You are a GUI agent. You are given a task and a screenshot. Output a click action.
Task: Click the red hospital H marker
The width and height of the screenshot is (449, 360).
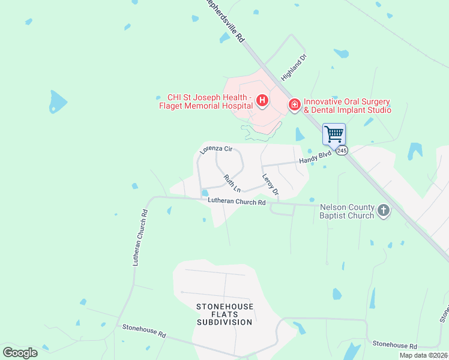262,101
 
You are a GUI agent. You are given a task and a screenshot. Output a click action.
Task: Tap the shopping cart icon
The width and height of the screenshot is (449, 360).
334,133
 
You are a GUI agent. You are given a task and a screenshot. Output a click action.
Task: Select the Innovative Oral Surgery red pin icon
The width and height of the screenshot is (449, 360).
294,105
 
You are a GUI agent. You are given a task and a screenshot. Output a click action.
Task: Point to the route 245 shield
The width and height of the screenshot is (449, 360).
342,151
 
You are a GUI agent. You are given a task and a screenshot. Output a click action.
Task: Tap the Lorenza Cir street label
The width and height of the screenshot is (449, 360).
216,149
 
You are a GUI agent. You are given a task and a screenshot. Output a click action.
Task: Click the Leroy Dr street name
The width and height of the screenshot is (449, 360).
271,184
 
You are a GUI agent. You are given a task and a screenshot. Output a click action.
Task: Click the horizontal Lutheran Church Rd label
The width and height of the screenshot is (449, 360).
237,202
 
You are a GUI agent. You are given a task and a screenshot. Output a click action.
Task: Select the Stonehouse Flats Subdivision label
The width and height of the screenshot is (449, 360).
224,314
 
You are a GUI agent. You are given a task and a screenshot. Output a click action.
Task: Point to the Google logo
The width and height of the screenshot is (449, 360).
20,353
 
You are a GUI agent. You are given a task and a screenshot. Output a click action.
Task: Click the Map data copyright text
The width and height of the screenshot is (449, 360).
423,355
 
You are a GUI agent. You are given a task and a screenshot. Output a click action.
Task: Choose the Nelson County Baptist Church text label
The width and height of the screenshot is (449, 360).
346,211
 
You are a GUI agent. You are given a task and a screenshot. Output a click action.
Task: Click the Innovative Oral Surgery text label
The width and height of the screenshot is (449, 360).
347,106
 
